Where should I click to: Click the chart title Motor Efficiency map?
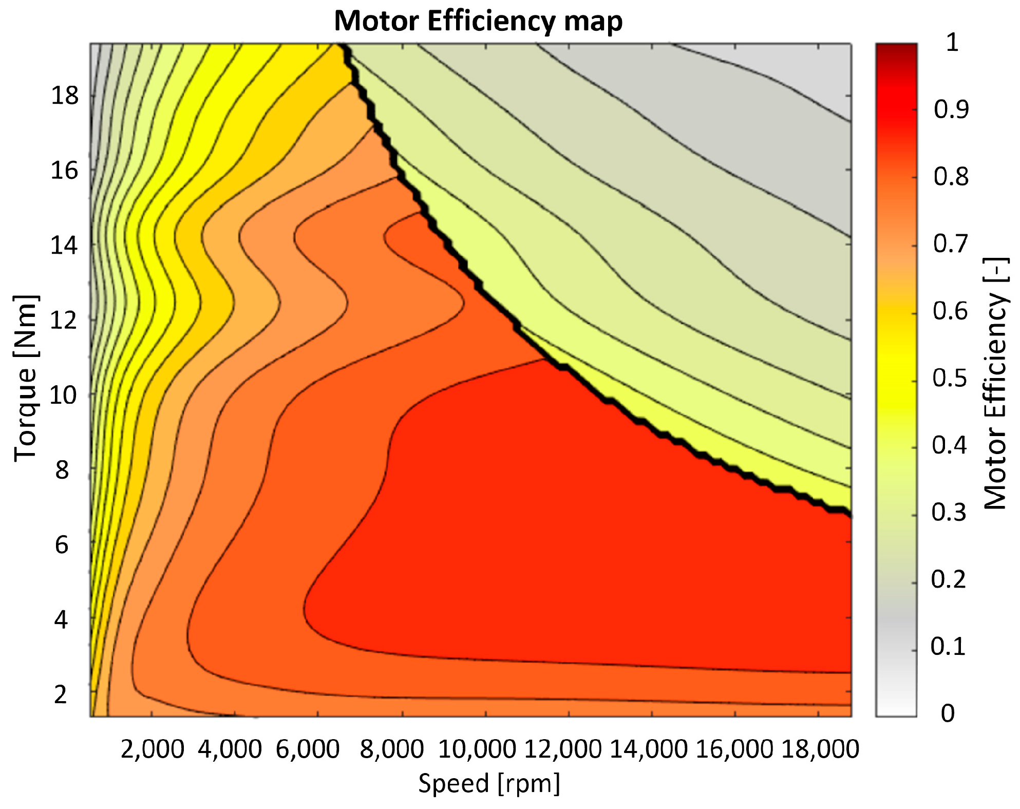pos(478,22)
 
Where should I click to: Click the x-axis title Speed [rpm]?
pos(489,784)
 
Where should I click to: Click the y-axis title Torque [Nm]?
pos(26,379)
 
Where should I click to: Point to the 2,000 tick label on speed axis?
pos(152,749)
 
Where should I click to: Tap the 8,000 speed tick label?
pos(392,749)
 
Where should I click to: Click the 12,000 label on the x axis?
pos(562,749)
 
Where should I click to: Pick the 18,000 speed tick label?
pos(820,749)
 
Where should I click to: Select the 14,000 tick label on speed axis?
pos(648,749)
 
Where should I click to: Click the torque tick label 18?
pos(65,96)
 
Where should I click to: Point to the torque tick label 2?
pos(61,694)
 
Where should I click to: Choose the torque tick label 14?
pos(64,246)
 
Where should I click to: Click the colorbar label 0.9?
pos(951,109)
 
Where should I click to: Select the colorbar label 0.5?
pos(950,379)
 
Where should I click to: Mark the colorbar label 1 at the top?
pos(952,42)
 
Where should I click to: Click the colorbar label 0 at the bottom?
pos(948,713)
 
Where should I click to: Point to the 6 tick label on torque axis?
pos(61,545)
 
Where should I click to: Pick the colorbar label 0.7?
pos(951,244)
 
